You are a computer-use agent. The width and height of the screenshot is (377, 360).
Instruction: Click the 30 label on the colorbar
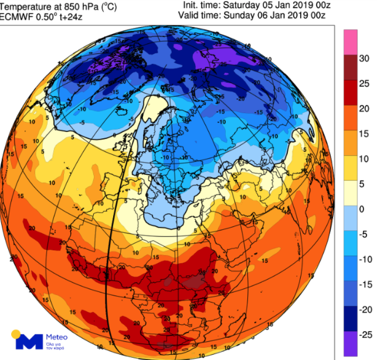click(x=364, y=59)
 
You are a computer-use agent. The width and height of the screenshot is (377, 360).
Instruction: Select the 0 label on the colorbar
click(x=362, y=209)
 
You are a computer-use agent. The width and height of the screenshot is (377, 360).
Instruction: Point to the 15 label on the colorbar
click(x=364, y=134)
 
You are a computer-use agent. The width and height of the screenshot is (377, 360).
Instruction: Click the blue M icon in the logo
click(x=29, y=342)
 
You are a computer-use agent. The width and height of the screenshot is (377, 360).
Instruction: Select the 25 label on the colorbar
click(x=364, y=84)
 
